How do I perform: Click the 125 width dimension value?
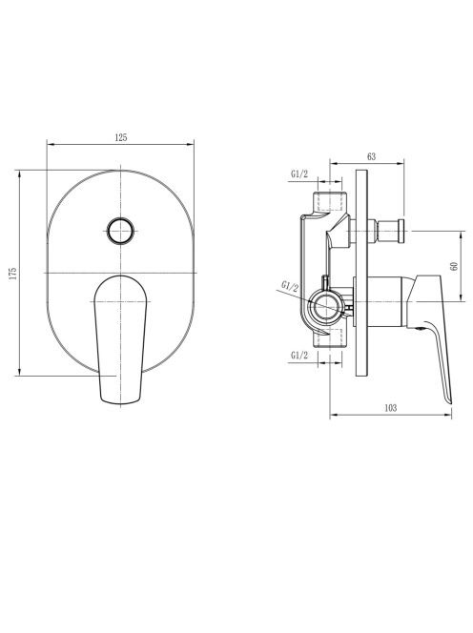tap(121, 137)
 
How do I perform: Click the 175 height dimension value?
tap(13, 274)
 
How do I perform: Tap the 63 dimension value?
tap(371, 156)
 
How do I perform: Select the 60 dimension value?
tap(455, 266)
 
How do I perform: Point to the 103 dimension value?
tap(390, 408)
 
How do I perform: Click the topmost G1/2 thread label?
tap(299, 174)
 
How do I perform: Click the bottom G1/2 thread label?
tap(299, 356)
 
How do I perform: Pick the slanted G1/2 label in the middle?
tap(290, 287)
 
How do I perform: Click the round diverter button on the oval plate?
tap(120, 231)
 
